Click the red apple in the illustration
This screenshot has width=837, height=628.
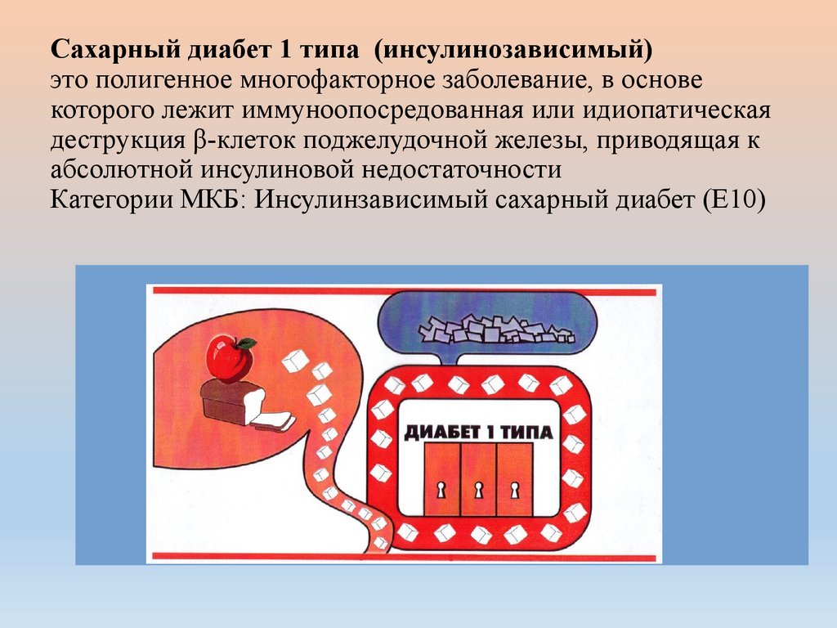pyautogui.click(x=226, y=358)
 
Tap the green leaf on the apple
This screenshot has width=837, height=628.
pyautogui.click(x=245, y=343)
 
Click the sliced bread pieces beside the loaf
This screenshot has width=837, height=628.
pyautogui.click(x=274, y=419)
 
